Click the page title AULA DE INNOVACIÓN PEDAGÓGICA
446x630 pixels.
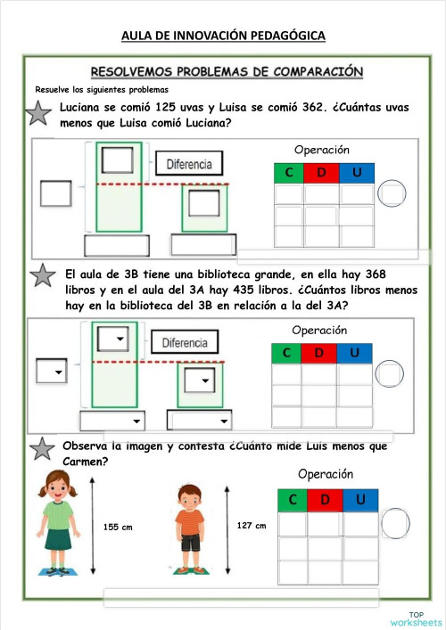pos(223,36)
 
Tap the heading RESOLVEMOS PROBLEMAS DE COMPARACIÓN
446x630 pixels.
pos(227,70)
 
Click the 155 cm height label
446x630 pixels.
pos(118,528)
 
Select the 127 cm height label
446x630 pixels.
pos(252,526)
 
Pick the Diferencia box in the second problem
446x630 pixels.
pos(185,342)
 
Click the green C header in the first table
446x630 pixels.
pos(289,172)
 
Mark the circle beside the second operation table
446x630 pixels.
pos(391,372)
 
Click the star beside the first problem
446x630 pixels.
pos(37,113)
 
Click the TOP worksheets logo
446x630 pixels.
pos(415,618)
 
